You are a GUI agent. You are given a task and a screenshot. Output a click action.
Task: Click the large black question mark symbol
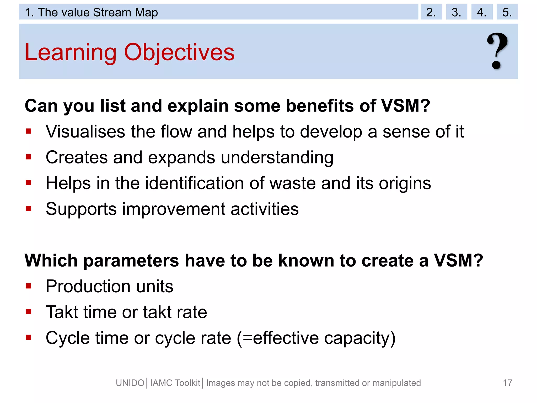(x=497, y=51)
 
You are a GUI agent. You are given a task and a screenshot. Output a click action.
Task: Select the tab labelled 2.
(x=431, y=12)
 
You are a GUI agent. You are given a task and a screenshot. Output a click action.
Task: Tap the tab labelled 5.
(x=507, y=12)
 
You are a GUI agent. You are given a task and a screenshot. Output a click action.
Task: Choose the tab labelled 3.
(x=456, y=12)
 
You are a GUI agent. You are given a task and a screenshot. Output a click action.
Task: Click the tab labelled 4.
(x=482, y=12)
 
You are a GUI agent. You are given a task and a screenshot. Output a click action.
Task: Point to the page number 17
(x=507, y=383)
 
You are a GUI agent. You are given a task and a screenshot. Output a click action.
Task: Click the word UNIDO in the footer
(x=130, y=383)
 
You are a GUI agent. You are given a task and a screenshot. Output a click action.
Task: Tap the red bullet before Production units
(x=29, y=286)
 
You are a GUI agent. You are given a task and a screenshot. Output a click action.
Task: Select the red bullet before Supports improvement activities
(x=29, y=209)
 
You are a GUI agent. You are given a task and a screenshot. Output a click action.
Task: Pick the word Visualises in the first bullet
(x=85, y=131)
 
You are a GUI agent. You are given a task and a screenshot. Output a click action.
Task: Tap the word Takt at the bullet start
(x=62, y=312)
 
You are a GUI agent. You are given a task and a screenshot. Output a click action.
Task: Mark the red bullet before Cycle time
(x=29, y=337)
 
